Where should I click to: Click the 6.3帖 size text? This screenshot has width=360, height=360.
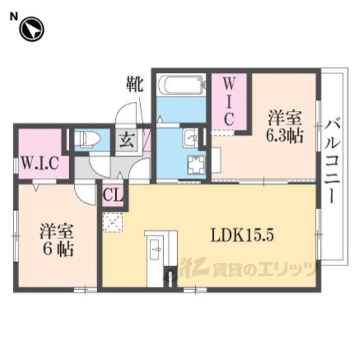pos(285,136)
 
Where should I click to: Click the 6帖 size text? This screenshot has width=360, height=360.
pos(56,249)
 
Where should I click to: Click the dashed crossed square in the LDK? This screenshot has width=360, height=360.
pos(112,222)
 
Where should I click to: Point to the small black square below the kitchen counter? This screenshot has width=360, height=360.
pos(167,277)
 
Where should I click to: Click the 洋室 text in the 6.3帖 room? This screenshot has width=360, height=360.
pos(285,119)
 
